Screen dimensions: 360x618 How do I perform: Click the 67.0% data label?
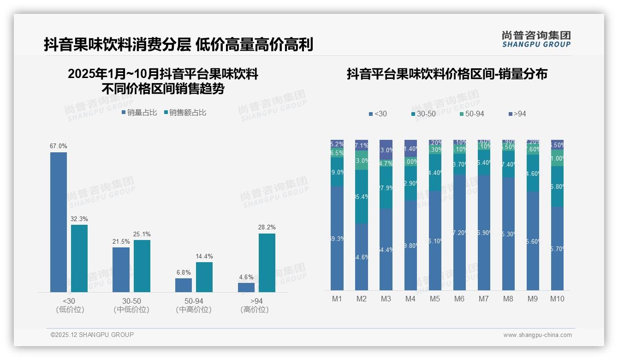pyautogui.click(x=59, y=146)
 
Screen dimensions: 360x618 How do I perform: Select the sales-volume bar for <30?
pyautogui.click(x=59, y=222)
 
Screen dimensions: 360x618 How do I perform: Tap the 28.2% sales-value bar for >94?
pyautogui.click(x=267, y=263)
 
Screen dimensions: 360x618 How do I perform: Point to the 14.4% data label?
pyautogui.click(x=204, y=256)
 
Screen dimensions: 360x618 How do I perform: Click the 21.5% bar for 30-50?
pyautogui.click(x=121, y=270)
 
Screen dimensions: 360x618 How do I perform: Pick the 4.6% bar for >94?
pyautogui.click(x=246, y=287)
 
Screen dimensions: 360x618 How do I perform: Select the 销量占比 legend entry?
pyautogui.click(x=139, y=112)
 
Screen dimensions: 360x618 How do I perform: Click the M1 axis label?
pyautogui.click(x=337, y=299)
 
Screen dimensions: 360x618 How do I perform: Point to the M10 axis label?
pyautogui.click(x=557, y=299)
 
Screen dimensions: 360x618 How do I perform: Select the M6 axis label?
pyautogui.click(x=459, y=299)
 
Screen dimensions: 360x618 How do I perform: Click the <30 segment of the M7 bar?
pyautogui.click(x=484, y=233)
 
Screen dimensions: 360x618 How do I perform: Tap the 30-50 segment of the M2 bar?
pyautogui.click(x=362, y=197)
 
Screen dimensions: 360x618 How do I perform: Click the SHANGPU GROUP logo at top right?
pyautogui.click(x=536, y=39)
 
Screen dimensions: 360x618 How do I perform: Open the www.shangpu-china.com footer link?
pyautogui.click(x=537, y=335)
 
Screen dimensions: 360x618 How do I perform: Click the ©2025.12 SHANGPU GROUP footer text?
pyautogui.click(x=92, y=335)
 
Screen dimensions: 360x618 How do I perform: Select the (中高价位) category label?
pyautogui.click(x=194, y=310)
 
